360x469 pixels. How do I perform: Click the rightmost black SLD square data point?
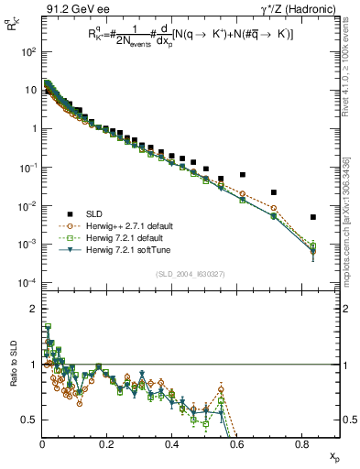313,217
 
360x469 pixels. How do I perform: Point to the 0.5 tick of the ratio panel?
27,420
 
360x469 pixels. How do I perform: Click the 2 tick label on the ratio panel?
31,310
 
